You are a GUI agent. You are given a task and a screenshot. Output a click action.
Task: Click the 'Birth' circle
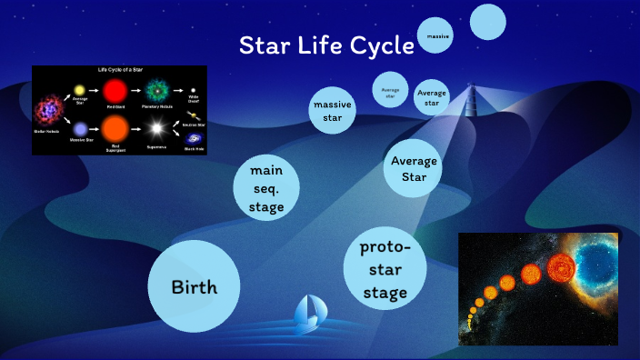194,287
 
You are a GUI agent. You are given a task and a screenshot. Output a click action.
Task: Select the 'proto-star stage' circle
385,270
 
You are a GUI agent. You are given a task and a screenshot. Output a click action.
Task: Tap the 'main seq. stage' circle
266,188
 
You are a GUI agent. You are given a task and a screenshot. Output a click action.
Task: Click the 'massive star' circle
332,111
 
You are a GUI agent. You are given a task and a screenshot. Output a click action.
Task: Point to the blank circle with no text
487,22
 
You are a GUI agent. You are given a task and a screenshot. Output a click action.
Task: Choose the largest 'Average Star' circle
414,168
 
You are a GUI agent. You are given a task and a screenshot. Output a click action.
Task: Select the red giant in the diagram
115,92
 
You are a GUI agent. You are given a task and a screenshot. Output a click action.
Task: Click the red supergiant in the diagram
115,127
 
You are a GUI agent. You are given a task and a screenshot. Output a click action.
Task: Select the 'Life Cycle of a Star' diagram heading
120,70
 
